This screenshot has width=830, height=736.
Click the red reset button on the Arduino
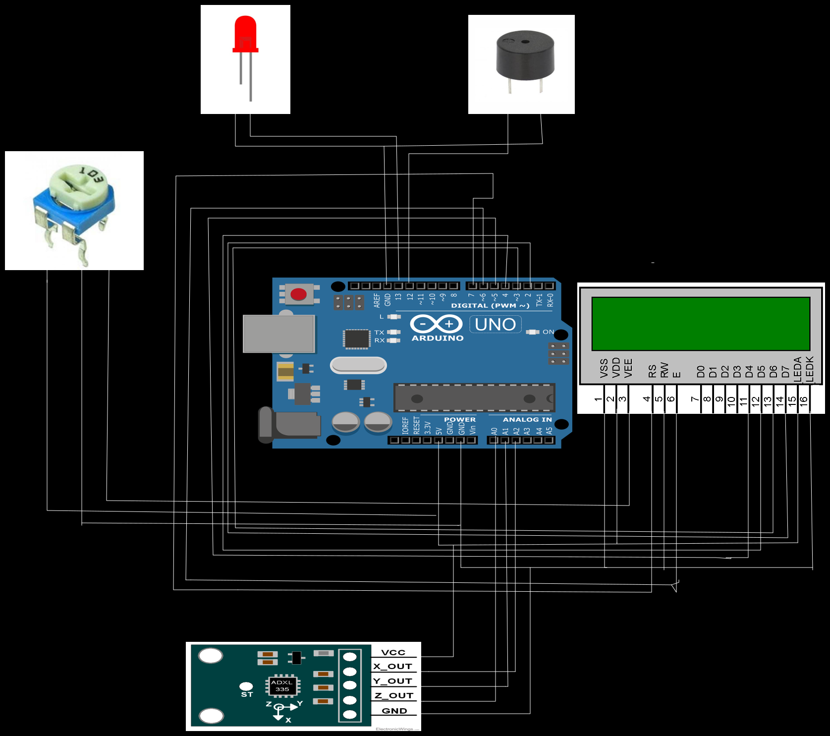[298, 294]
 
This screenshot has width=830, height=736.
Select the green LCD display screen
[701, 324]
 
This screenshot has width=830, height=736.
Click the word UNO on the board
[495, 325]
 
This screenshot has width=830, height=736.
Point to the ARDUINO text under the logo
[438, 339]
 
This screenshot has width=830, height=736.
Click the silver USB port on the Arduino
[279, 334]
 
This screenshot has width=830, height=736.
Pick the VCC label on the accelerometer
[393, 652]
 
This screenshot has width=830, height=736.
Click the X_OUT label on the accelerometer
[392, 667]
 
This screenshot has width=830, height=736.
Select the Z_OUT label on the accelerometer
[394, 695]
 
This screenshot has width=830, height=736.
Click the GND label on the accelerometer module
[394, 711]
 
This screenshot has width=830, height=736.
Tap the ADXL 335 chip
[282, 685]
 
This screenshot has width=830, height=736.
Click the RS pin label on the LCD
[652, 371]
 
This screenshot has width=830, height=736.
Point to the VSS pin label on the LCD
[604, 368]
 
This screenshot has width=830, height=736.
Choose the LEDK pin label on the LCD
[810, 369]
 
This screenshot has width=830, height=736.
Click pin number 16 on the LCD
[804, 399]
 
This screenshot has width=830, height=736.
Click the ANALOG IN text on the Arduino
[527, 420]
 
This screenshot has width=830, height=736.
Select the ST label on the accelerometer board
[247, 694]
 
